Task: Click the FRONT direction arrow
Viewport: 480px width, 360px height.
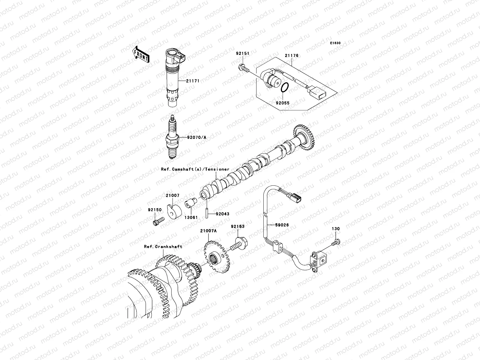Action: click(x=141, y=54)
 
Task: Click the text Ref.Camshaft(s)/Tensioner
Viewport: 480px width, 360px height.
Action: click(x=195, y=169)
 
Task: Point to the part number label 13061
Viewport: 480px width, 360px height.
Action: click(x=190, y=217)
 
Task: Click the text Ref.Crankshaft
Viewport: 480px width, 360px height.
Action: click(x=163, y=247)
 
